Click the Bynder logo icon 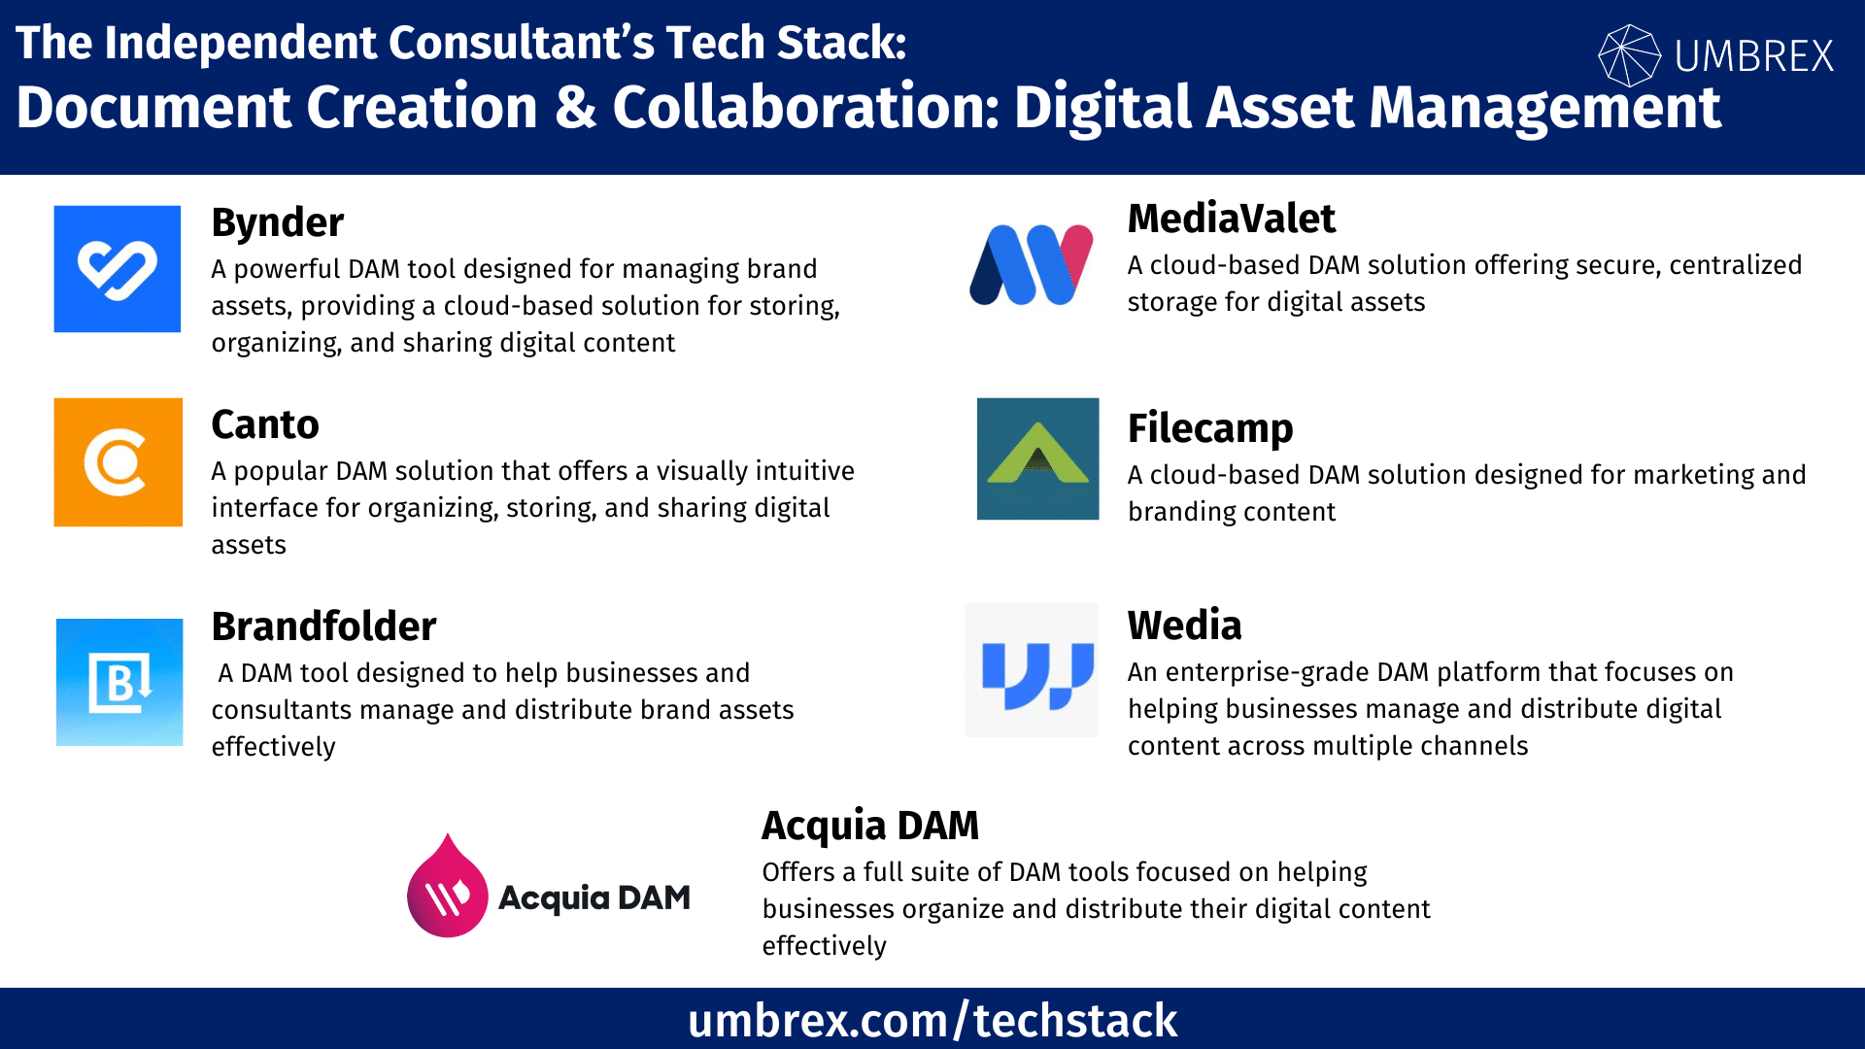coord(118,269)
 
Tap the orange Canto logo coord(119,462)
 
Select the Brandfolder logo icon coord(119,682)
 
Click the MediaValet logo coord(1032,264)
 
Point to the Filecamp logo coord(1038,458)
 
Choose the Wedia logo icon coord(1032,670)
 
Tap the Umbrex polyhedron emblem coord(1629,55)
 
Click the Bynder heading coord(278,222)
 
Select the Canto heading coord(265,424)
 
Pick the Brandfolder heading coord(324,626)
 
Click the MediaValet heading coord(1232,219)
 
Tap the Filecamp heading coord(1210,428)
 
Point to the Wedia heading coord(1185,626)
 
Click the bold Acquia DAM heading coord(870,826)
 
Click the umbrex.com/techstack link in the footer coord(932,1021)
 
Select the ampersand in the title coord(575,107)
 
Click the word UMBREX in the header coord(1754,56)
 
